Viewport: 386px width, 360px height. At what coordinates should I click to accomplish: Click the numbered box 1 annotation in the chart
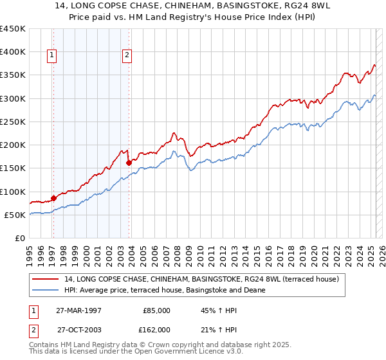pos(52,56)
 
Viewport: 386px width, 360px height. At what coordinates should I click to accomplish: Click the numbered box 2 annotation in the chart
pos(127,56)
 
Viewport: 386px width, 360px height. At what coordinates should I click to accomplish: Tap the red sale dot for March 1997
pos(53,199)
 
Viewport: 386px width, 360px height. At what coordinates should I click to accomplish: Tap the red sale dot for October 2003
pos(129,163)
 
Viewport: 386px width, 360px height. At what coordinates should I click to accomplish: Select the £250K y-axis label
pos(13,122)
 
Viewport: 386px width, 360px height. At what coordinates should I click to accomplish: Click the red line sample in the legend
pos(46,279)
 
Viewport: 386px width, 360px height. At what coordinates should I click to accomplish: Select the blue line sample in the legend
pos(46,290)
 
